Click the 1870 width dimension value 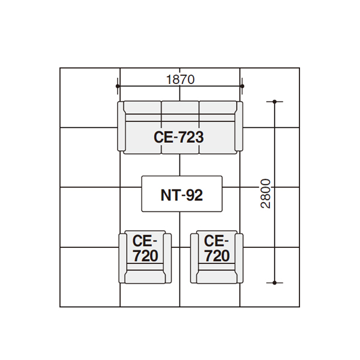(180, 79)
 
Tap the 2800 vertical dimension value (266, 194)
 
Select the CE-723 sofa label (179, 137)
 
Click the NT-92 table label (182, 195)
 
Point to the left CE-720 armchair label (145, 248)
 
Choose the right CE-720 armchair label (217, 248)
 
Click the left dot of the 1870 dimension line (118, 86)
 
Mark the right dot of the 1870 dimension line (242, 86)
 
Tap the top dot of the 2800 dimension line (275, 101)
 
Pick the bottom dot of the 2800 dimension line (275, 283)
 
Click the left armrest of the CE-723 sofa (121, 126)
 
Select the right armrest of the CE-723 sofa (239, 126)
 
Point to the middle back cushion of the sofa (180, 107)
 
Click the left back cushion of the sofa (143, 107)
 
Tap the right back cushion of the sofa (218, 107)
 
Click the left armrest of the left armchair (122, 258)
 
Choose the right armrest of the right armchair (239, 258)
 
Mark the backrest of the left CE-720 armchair (145, 277)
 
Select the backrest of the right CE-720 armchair (217, 277)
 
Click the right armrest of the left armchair (167, 258)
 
